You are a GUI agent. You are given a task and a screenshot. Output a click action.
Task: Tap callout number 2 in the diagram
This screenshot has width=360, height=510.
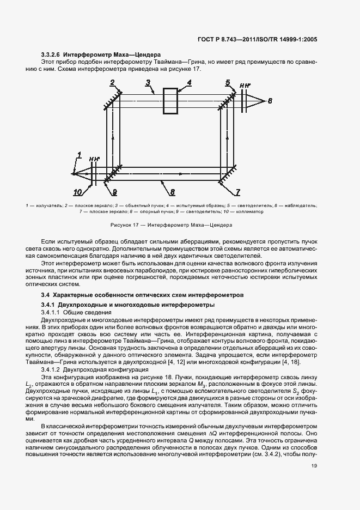pyautogui.click(x=112, y=83)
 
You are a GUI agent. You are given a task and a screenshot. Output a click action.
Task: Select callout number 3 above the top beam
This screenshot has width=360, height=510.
pyautogui.click(x=148, y=83)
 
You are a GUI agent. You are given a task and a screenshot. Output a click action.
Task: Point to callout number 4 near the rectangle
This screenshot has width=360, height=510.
pyautogui.click(x=189, y=83)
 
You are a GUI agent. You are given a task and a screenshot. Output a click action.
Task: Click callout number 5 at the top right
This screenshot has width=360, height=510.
pyautogui.click(x=228, y=82)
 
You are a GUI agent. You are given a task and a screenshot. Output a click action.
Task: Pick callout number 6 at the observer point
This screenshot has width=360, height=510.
pyautogui.click(x=270, y=101)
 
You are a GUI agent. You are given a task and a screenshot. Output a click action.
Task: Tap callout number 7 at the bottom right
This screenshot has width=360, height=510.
pyautogui.click(x=237, y=192)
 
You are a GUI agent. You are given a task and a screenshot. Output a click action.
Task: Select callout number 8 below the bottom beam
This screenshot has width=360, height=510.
pyautogui.click(x=172, y=192)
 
